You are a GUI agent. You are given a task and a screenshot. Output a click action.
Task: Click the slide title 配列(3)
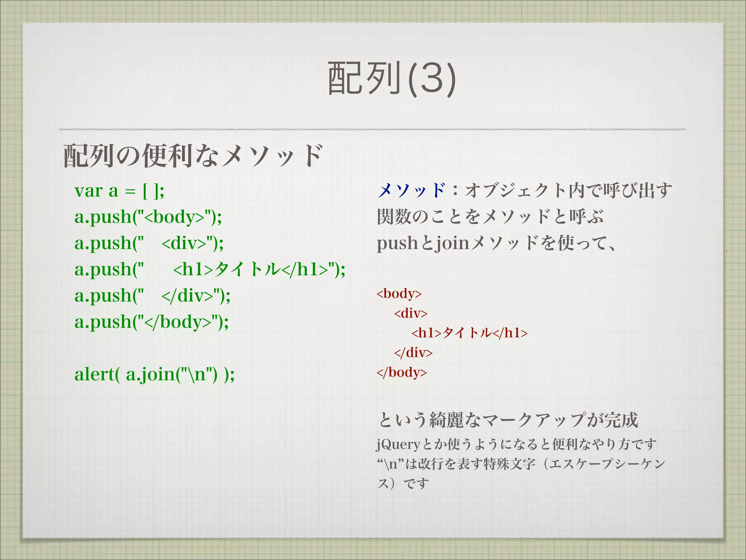click(x=392, y=78)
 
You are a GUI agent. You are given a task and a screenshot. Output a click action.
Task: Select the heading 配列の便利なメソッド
click(x=193, y=156)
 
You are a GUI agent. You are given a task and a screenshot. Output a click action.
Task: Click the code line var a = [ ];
click(x=119, y=191)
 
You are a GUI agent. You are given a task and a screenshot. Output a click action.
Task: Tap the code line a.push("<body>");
click(x=148, y=217)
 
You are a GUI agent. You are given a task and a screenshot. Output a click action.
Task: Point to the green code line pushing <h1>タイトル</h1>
click(x=210, y=270)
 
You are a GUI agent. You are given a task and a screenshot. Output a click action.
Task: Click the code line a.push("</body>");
click(x=152, y=322)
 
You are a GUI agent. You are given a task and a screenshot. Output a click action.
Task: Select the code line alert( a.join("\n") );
click(x=154, y=374)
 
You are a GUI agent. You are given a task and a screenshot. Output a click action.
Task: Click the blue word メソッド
click(x=411, y=191)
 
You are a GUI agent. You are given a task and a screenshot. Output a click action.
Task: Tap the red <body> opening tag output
click(x=399, y=293)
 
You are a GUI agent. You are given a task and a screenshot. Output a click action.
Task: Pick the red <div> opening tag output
click(x=411, y=313)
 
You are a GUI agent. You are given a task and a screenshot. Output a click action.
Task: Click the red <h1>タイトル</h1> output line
click(x=469, y=333)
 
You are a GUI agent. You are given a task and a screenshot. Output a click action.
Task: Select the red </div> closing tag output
click(x=413, y=353)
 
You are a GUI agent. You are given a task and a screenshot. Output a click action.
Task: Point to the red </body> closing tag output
click(x=401, y=372)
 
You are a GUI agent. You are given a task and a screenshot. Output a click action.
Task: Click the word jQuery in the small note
click(x=398, y=444)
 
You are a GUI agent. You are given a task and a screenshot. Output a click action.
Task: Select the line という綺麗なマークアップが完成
click(x=509, y=420)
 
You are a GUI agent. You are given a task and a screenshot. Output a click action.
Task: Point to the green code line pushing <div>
click(x=149, y=243)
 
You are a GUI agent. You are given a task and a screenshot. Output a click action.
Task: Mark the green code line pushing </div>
click(x=152, y=296)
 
